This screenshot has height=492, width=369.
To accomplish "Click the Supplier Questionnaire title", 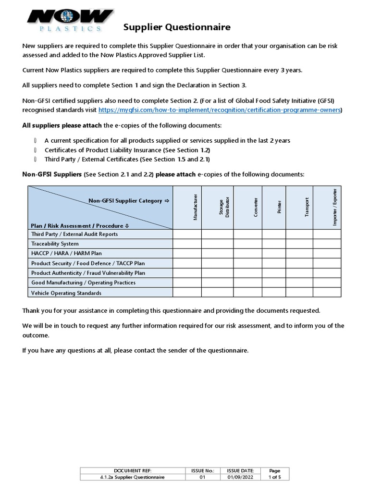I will click(x=177, y=27).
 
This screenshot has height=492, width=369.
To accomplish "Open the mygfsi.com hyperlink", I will click(x=220, y=110).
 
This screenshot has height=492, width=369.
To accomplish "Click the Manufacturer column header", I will click(x=196, y=208).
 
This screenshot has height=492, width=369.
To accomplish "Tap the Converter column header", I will click(x=256, y=208).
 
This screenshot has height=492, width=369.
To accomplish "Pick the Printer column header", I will click(x=279, y=208).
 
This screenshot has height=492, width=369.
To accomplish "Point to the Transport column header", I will click(x=307, y=208).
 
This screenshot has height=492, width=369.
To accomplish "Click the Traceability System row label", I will click(x=55, y=244).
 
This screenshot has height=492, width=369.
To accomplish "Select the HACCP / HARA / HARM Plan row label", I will click(x=66, y=253).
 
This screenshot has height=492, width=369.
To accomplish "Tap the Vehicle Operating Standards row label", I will click(x=66, y=293).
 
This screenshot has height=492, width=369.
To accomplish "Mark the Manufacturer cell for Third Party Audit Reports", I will click(x=187, y=234).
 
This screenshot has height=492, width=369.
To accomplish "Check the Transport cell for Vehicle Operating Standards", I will click(x=299, y=293).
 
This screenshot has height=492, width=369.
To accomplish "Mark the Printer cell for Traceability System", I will click(x=274, y=244).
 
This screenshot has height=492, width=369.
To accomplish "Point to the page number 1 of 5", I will click(x=274, y=477).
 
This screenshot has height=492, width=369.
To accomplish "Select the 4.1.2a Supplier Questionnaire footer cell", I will click(x=132, y=477).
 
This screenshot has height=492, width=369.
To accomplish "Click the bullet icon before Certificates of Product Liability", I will click(x=35, y=150).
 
